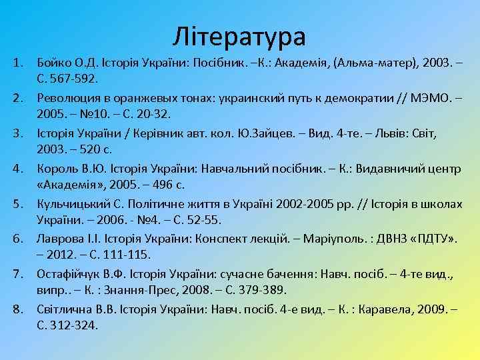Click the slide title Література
[x=239, y=36]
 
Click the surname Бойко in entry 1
[x=53, y=63]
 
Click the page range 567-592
[x=75, y=78]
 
